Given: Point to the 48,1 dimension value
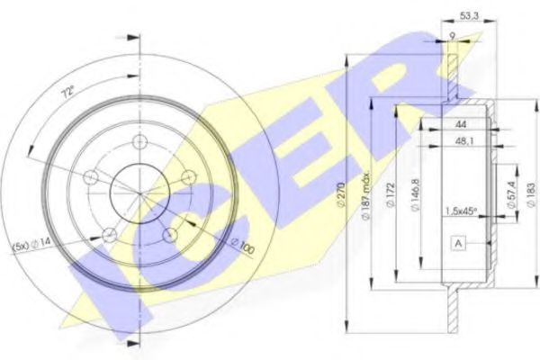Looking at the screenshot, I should point(464,141).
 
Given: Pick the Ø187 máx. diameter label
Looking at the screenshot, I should point(366,191).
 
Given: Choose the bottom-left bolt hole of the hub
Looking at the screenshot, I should point(109,236).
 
